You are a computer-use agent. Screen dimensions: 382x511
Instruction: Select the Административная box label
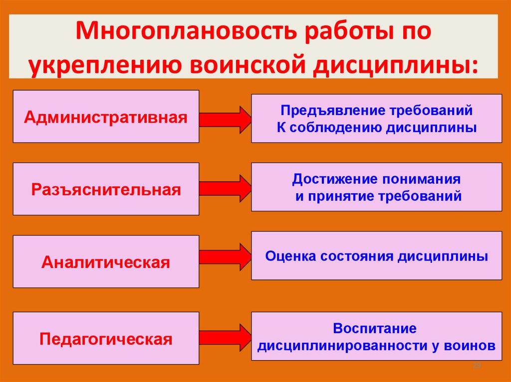pyautogui.click(x=106, y=118)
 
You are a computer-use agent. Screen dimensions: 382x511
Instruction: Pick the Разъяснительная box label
pyautogui.click(x=106, y=190)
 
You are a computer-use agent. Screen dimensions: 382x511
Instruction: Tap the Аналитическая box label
pyautogui.click(x=106, y=262)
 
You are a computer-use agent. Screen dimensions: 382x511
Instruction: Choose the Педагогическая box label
pyautogui.click(x=106, y=340)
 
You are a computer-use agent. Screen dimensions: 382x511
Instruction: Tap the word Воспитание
pyautogui.click(x=375, y=329)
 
